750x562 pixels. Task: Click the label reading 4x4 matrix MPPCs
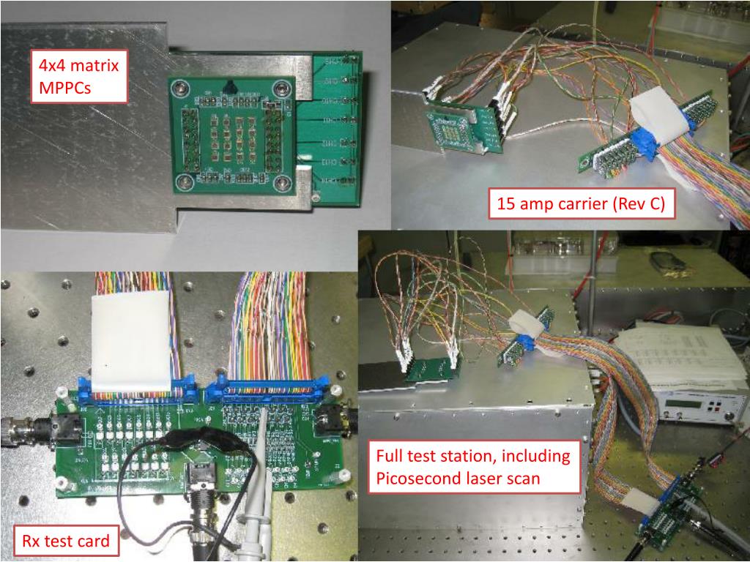(x=78, y=78)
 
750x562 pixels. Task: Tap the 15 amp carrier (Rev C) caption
(x=581, y=204)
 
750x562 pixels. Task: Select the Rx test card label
(x=64, y=542)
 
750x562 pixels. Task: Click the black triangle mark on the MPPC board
(x=231, y=86)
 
